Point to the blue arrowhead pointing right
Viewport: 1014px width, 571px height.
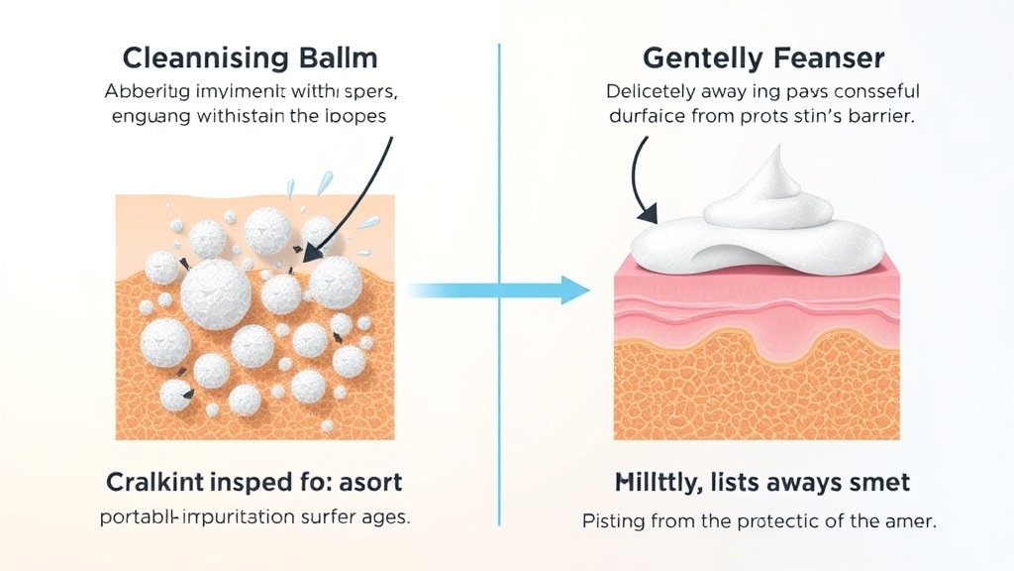573,289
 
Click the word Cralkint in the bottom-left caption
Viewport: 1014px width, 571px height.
157,483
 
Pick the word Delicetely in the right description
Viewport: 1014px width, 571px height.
658,92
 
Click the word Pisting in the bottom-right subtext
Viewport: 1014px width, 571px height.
611,519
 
